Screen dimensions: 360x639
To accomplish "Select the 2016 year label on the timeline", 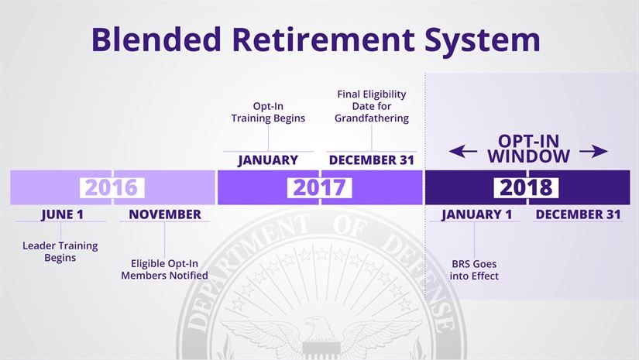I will pyautogui.click(x=112, y=187).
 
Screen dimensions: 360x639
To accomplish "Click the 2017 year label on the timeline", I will pyautogui.click(x=319, y=187).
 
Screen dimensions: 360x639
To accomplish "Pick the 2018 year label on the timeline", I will pyautogui.click(x=527, y=187).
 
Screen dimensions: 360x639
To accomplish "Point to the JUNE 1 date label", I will pyautogui.click(x=61, y=214).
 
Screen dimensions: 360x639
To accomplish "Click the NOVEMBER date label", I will pyautogui.click(x=164, y=214).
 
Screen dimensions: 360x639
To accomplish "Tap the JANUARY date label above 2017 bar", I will pyautogui.click(x=268, y=160).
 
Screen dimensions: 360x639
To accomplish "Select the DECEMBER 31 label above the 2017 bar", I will pyautogui.click(x=371, y=160).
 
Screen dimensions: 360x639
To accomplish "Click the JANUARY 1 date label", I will pyautogui.click(x=476, y=214).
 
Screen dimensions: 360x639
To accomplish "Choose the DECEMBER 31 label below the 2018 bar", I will pyautogui.click(x=579, y=214).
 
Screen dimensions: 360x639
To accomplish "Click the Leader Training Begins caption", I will pyautogui.click(x=60, y=252).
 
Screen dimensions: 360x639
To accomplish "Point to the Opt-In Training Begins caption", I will pyautogui.click(x=268, y=112).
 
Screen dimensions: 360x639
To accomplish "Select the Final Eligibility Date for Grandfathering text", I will pyautogui.click(x=371, y=106).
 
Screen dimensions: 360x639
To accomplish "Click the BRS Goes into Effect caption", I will pyautogui.click(x=474, y=269).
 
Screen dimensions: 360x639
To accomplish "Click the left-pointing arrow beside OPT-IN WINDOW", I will pyautogui.click(x=463, y=152).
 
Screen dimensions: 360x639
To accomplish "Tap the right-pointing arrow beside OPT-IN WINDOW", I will pyautogui.click(x=593, y=152).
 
